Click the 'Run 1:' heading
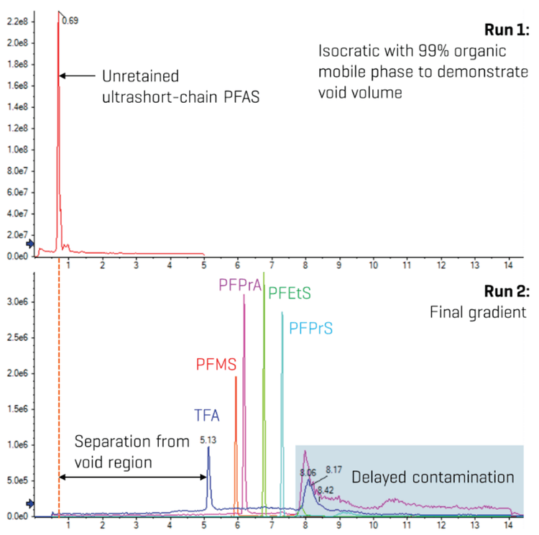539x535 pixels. tap(507, 31)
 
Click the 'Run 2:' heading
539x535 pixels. tap(507, 293)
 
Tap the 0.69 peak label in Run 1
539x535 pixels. tap(70, 21)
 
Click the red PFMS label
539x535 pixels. tap(216, 365)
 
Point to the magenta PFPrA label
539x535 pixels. tap(239, 284)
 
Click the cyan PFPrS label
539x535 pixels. tap(310, 329)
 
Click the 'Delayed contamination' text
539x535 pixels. tap(433, 477)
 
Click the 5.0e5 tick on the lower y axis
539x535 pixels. tap(18, 480)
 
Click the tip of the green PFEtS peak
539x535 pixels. tap(264, 273)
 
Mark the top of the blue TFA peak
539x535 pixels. tap(208, 447)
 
